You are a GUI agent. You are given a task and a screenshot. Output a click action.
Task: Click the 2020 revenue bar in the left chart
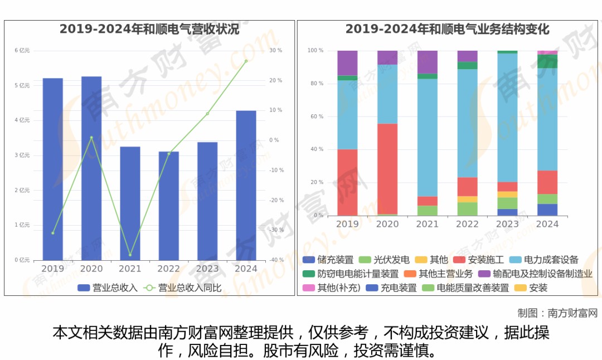point(91,167)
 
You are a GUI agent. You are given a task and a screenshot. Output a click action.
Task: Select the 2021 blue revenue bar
point(130,203)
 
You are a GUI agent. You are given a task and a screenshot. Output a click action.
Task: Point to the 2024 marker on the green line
point(246,61)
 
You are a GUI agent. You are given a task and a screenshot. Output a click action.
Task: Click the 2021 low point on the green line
point(130,255)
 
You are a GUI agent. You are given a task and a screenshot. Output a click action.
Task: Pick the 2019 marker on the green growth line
point(53,233)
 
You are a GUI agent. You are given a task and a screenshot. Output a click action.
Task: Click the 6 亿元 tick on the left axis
point(22,51)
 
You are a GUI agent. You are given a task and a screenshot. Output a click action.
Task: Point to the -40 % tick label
point(276,260)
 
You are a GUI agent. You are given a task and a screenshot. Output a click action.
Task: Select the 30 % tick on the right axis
point(276,51)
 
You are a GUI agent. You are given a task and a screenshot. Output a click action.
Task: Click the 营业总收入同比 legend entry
point(185,288)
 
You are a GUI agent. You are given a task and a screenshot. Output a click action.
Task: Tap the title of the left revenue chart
point(149,30)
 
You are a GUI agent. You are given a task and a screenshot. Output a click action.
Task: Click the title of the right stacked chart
point(448,30)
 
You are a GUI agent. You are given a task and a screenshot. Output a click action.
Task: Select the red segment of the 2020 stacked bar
point(387,168)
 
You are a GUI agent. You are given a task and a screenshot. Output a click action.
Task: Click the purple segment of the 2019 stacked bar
point(347,62)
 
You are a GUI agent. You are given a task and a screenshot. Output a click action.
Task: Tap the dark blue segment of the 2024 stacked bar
point(547,210)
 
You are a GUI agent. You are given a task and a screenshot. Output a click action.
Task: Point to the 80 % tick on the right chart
point(315,84)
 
